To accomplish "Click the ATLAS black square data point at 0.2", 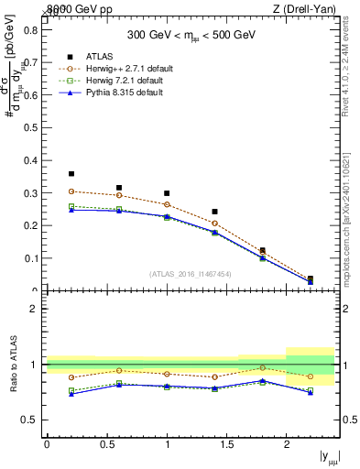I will pos(71,173).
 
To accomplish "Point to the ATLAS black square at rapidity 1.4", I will pos(214,212).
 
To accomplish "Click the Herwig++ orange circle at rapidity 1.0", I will pos(167,204).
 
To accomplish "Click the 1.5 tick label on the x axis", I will pos(226,444).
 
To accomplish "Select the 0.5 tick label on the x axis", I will pos(106,444).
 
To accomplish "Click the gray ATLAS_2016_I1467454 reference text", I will pos(191,274).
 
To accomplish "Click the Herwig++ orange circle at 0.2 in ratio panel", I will pos(71,377).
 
